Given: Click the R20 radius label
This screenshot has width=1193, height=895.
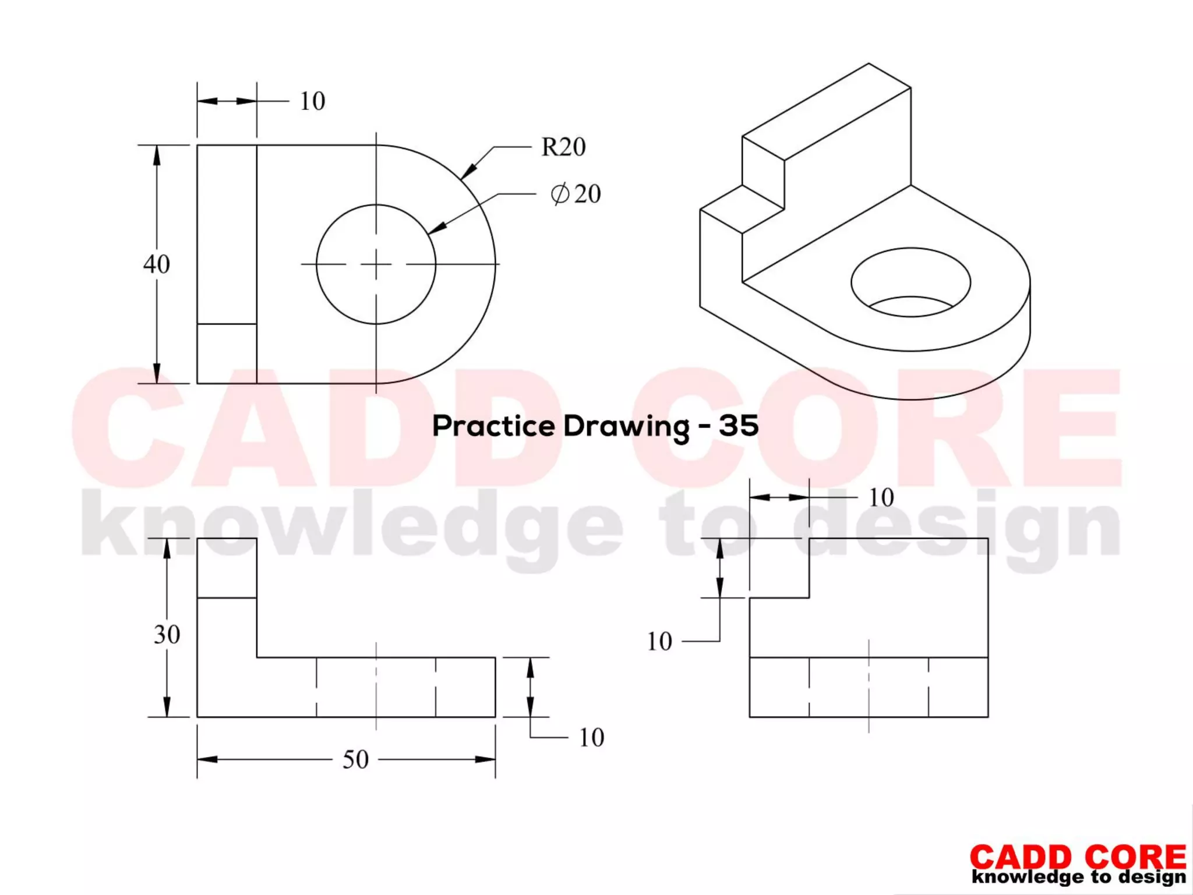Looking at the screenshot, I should (563, 147).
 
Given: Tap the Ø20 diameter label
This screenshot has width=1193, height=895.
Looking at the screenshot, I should (576, 194).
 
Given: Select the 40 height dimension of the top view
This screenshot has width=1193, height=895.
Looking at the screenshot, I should (157, 264).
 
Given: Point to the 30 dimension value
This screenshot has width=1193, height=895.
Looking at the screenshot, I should (167, 634).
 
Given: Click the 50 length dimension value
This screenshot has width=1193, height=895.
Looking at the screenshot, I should (355, 759).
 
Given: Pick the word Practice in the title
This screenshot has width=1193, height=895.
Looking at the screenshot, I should (493, 426).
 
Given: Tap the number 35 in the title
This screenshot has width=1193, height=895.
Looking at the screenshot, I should (739, 426).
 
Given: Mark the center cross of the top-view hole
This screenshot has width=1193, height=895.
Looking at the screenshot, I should (376, 264).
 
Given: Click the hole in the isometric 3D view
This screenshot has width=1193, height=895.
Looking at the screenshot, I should (910, 282).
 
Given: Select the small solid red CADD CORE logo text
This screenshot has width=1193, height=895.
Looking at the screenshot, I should (1078, 857).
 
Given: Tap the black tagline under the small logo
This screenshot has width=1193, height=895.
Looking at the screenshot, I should (1079, 876).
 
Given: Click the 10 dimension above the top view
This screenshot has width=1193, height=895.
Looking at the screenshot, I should (312, 101).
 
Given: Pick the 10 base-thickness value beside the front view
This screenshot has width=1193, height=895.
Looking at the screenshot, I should (591, 738).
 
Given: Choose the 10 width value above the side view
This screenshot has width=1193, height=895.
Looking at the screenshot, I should (881, 497).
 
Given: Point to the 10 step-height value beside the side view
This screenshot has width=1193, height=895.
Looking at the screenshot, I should (659, 641).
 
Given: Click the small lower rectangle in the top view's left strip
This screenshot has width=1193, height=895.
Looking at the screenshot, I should (227, 353).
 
